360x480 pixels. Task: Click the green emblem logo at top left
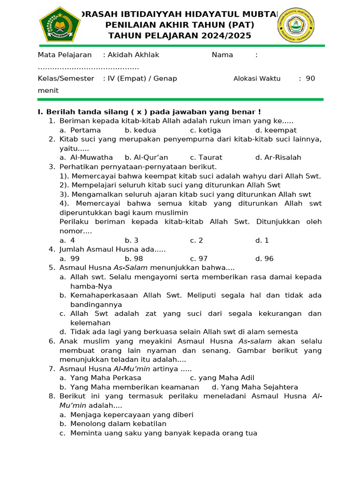[60, 24]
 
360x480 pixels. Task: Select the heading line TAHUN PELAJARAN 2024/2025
[180, 36]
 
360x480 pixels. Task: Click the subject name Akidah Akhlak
[134, 55]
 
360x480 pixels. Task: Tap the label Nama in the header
[222, 55]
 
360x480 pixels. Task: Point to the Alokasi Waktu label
[257, 79]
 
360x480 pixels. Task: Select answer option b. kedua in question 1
[140, 130]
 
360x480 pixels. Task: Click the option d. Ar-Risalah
[278, 157]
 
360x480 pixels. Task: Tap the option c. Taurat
[206, 157]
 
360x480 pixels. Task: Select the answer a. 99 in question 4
[69, 259]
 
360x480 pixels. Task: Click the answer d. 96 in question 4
[264, 259]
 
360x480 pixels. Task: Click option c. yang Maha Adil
[222, 378]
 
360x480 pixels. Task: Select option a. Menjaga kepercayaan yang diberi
[126, 415]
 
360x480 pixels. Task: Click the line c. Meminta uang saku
[158, 433]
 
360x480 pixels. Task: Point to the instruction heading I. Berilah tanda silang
[149, 112]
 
